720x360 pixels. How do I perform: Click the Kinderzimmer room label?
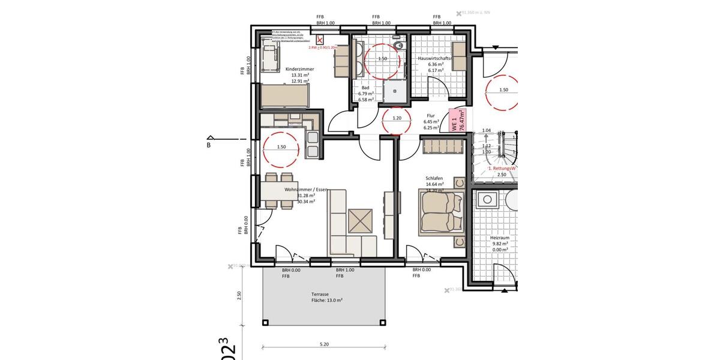coord(299,70)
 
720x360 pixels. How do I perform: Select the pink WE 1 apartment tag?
coord(458,121)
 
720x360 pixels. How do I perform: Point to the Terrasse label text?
coord(320,295)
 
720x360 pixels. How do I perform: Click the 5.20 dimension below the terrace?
coord(324,344)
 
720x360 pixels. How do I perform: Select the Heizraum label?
coord(500,238)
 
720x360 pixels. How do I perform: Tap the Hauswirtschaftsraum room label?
coord(435,59)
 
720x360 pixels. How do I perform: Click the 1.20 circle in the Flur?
coord(397,118)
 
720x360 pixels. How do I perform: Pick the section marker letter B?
coord(209,145)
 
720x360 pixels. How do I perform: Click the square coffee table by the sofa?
coord(360,221)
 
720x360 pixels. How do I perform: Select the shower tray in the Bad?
coord(395,91)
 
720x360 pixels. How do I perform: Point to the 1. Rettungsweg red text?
coord(502,169)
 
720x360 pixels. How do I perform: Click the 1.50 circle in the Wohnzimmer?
coord(281,147)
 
